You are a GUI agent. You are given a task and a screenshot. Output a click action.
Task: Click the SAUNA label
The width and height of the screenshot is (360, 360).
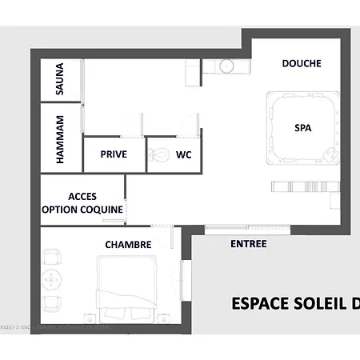[60, 79]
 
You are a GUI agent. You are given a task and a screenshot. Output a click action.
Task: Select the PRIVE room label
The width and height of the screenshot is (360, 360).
[114, 155]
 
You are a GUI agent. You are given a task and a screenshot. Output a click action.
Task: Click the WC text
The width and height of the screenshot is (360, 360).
[183, 155]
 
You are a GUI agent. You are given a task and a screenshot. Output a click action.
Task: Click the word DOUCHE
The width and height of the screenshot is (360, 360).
[302, 63]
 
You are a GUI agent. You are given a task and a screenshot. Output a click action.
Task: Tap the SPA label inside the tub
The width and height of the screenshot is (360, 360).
[302, 127]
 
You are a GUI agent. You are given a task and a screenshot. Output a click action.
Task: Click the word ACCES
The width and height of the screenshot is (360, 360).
[82, 196]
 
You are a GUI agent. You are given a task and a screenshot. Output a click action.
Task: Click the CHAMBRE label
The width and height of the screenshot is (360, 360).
[128, 244]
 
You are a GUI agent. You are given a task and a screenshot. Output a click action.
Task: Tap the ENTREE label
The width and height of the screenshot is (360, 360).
[248, 244]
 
